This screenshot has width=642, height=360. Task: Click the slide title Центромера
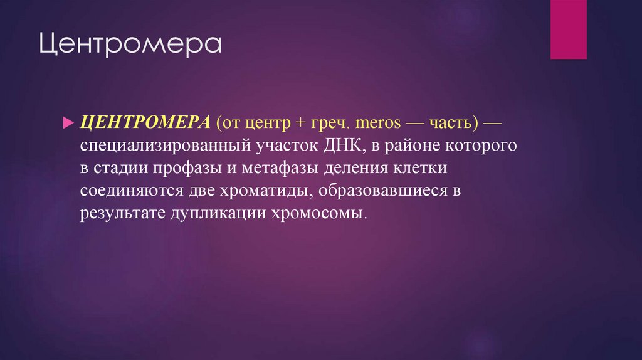click(x=131, y=47)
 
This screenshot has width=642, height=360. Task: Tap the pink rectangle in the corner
click(x=568, y=29)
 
